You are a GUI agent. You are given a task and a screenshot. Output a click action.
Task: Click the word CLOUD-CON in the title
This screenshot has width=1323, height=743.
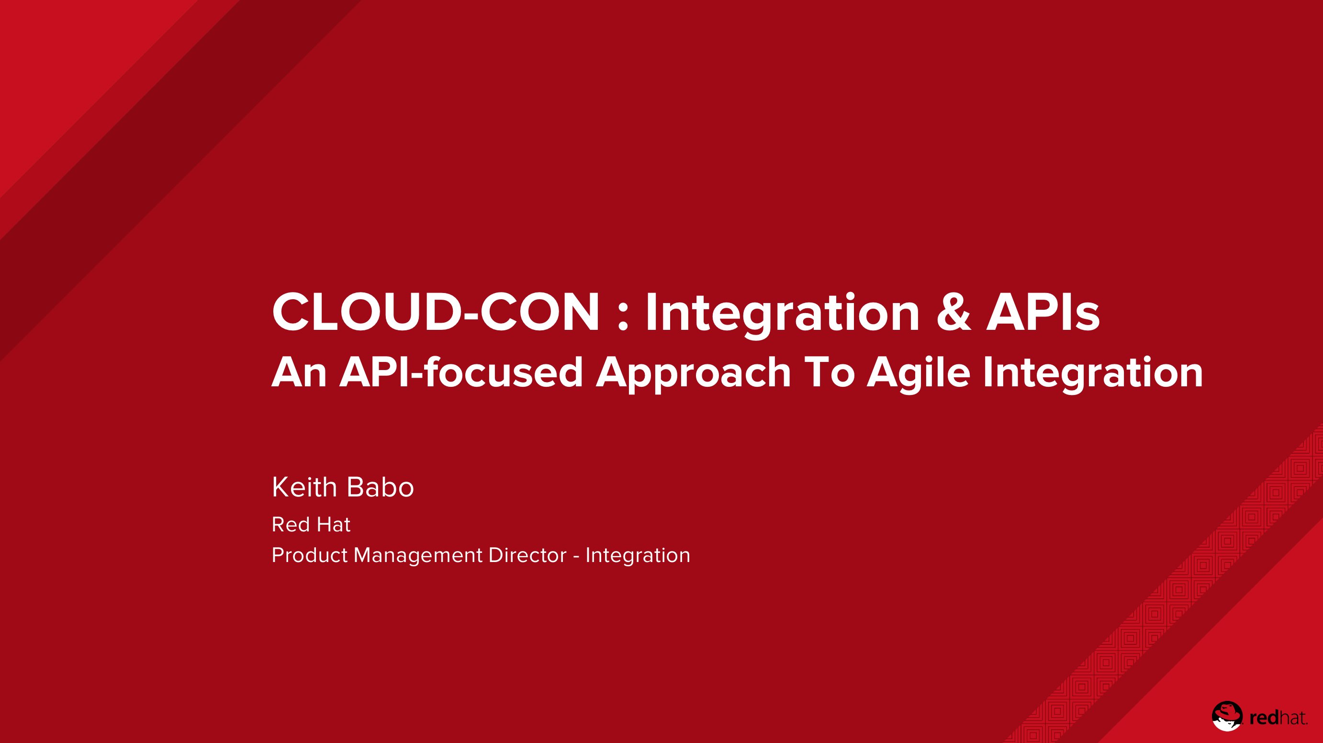click(x=436, y=311)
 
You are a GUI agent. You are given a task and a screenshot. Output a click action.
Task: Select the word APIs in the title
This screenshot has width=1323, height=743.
click(x=1043, y=311)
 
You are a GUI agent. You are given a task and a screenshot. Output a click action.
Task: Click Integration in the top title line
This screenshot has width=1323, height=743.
click(x=782, y=315)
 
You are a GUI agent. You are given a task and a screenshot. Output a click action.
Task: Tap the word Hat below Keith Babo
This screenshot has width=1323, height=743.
click(x=334, y=524)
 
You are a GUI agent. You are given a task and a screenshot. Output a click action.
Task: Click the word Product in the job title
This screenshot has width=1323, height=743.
click(x=310, y=555)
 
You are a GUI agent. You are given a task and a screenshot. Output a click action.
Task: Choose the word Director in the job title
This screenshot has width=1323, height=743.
click(x=527, y=555)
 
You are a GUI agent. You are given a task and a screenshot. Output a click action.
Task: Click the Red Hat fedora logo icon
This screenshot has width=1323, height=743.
click(x=1227, y=716)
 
